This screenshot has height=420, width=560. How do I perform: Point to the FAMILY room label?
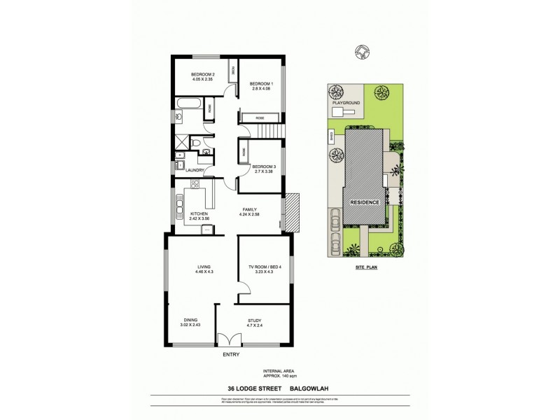[250, 209]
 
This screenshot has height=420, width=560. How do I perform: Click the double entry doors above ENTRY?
[229, 341]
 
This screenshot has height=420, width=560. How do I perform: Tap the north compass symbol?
[362, 50]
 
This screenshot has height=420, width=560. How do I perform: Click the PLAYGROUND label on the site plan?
[346, 102]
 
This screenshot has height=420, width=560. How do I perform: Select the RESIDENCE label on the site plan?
[365, 202]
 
